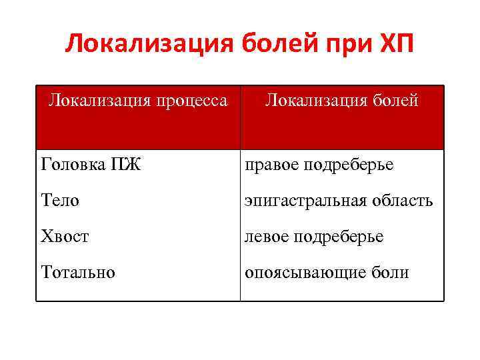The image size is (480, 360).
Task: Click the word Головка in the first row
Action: pyautogui.click(x=70, y=164)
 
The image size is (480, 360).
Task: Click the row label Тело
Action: pyautogui.click(x=60, y=200)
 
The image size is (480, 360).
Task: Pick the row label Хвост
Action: pyautogui.click(x=65, y=236)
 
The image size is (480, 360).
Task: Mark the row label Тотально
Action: pyautogui.click(x=77, y=272)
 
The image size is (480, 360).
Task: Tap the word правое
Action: pyautogui.click(x=271, y=164)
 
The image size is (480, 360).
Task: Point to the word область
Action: pyautogui.click(x=403, y=200)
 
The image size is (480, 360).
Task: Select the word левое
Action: pyautogui.click(x=266, y=236)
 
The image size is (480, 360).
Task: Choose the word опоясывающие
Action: pyautogui.click(x=306, y=273)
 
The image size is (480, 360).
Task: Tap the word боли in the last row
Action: pyautogui.click(x=391, y=272)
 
